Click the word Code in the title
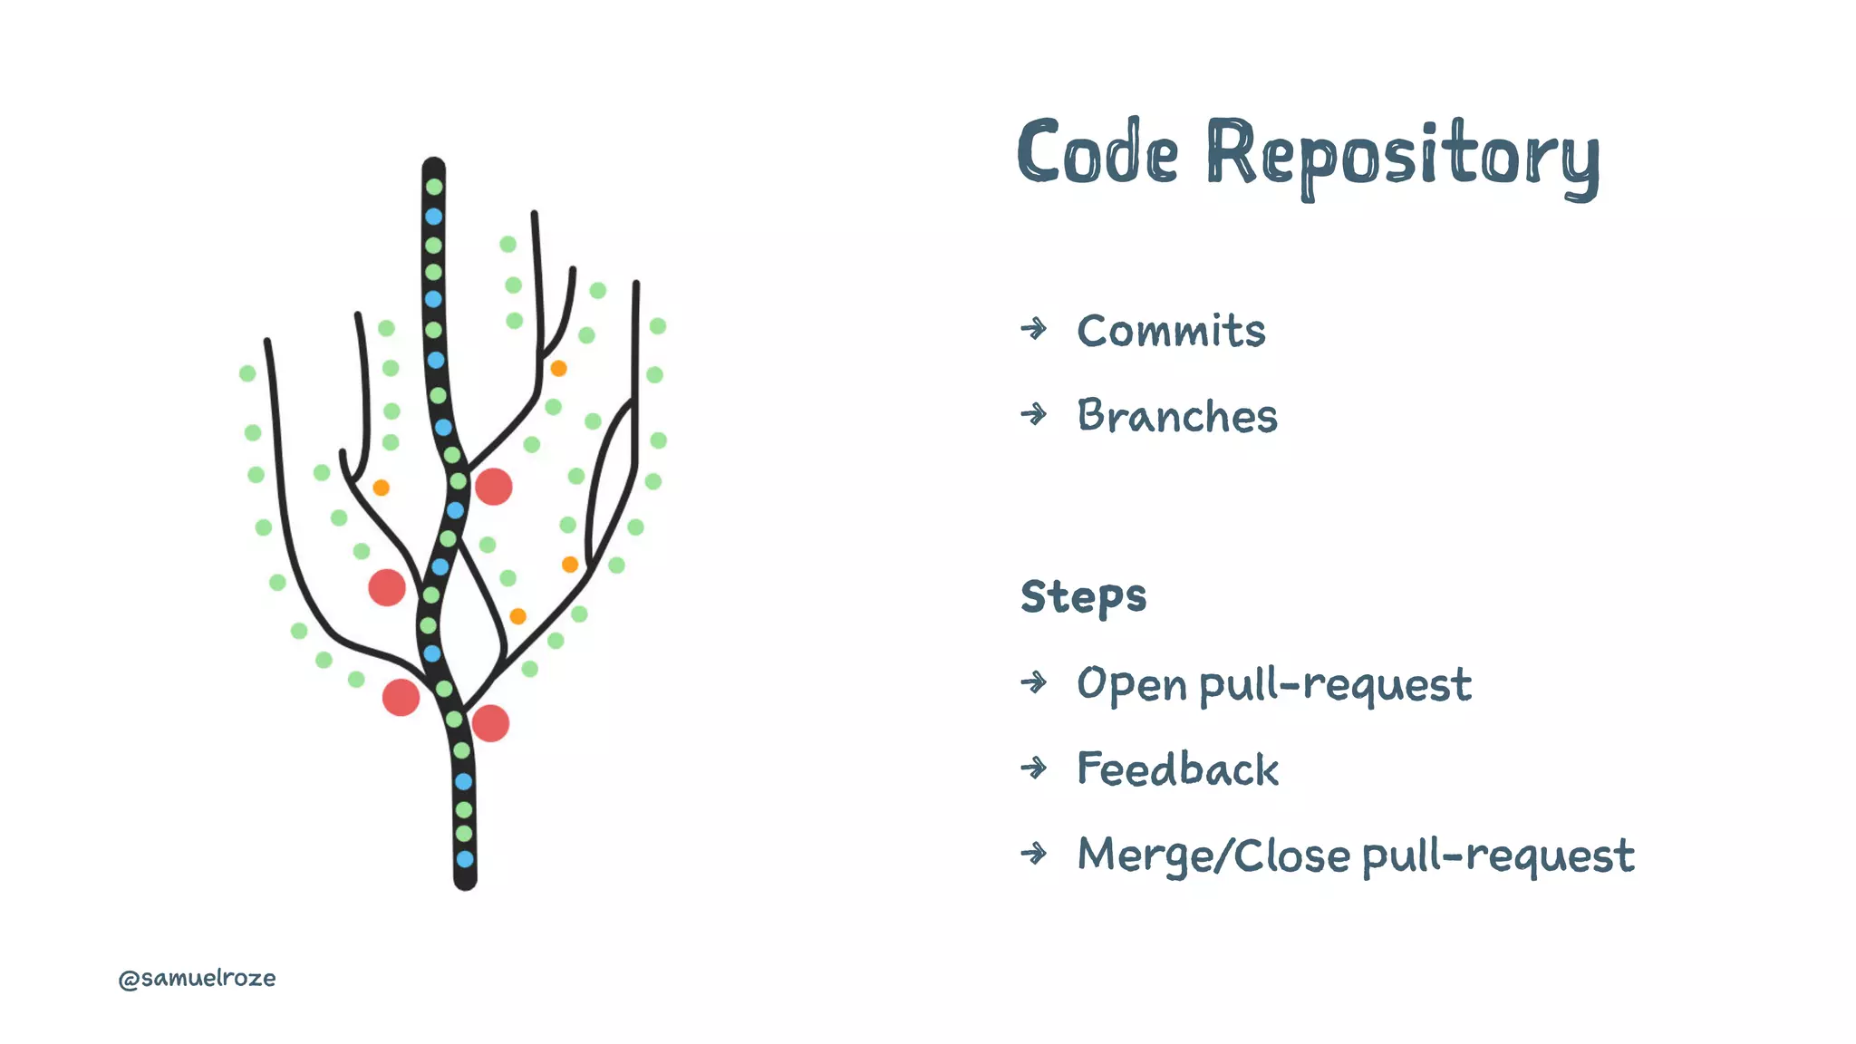click(1097, 153)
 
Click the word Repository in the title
click(1403, 157)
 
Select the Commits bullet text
click(1171, 331)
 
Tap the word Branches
click(1176, 416)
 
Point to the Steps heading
click(1083, 596)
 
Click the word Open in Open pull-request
click(1131, 684)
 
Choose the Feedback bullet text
click(1177, 769)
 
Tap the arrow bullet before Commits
click(1033, 328)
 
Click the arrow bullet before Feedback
click(1033, 768)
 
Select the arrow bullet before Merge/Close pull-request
click(1033, 853)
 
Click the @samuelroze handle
click(197, 978)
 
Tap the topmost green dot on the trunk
click(434, 187)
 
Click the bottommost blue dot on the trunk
click(465, 858)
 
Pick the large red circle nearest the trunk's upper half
click(494, 487)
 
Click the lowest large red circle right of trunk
click(490, 723)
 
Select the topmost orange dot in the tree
click(558, 368)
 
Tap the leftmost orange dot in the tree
click(382, 488)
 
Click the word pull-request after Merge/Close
click(1498, 856)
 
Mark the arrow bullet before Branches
click(1033, 414)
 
